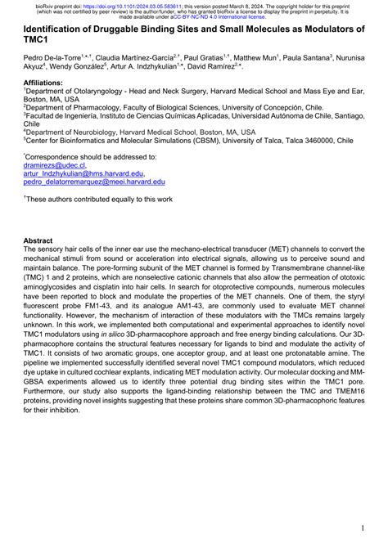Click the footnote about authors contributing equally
coord(86,199)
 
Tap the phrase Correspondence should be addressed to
coord(82,155)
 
